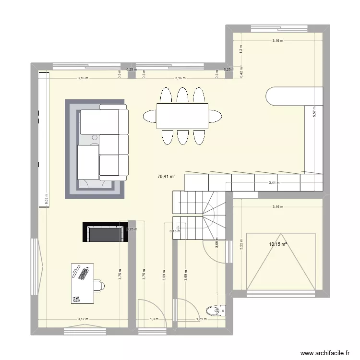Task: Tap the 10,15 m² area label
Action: (278, 244)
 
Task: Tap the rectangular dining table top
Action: (182, 116)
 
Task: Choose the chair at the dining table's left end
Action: (149, 116)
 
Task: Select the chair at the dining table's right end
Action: (215, 116)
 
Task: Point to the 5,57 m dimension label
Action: (315, 112)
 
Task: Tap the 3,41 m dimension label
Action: (273, 182)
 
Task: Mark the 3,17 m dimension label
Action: (83, 319)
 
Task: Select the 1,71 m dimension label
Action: (201, 319)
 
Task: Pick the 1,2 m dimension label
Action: (241, 48)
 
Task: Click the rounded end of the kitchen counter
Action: (276, 96)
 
